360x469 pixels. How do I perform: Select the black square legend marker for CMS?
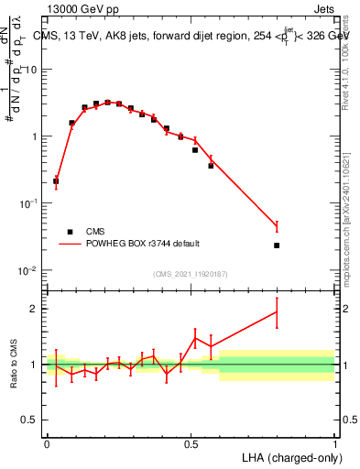point(69,232)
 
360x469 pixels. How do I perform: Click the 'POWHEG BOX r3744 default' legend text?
point(144,244)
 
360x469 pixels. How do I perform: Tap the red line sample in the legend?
point(69,244)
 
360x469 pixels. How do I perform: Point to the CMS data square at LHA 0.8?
point(277,245)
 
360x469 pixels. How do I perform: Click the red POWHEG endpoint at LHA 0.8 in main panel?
point(277,225)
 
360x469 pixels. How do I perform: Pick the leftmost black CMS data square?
point(56,181)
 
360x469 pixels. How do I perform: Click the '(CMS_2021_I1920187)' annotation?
point(191,274)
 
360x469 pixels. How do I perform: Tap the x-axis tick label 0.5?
point(191,443)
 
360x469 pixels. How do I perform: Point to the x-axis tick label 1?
point(334,443)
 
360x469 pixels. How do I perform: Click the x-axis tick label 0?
point(48,443)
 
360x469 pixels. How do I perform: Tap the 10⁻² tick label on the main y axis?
point(28,270)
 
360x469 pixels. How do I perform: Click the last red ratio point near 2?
point(277,311)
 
